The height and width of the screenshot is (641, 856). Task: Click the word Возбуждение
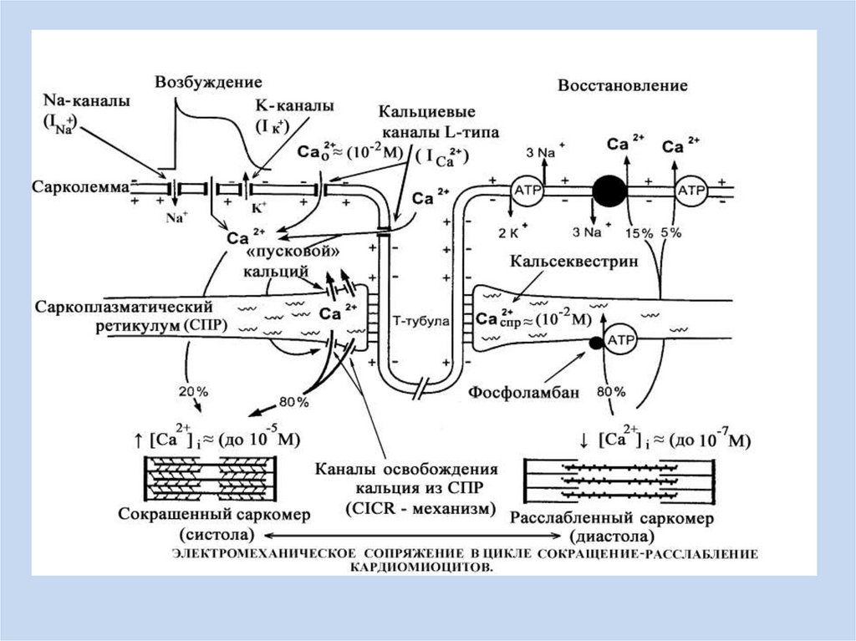click(x=208, y=82)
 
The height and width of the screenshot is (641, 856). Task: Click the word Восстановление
click(x=623, y=85)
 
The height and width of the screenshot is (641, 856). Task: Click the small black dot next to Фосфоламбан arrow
click(x=595, y=343)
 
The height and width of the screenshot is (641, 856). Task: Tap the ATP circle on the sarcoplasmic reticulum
click(x=621, y=341)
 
